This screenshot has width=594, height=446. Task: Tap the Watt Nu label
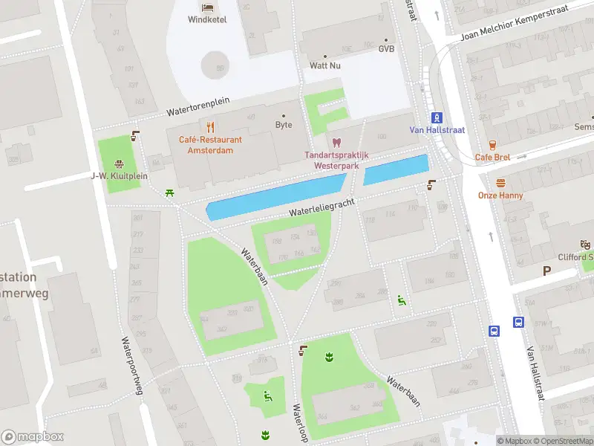(324, 65)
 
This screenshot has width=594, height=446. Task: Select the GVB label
(386, 49)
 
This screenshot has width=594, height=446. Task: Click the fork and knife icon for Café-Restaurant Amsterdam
(210, 126)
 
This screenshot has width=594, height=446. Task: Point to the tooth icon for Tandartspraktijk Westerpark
(336, 142)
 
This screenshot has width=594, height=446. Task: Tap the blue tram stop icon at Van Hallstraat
(437, 117)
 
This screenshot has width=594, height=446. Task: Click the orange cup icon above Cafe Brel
(492, 145)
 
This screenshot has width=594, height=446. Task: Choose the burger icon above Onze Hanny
(500, 183)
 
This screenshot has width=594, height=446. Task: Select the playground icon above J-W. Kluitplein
(118, 164)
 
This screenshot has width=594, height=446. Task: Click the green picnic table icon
(171, 193)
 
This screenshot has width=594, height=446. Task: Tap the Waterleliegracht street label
(322, 207)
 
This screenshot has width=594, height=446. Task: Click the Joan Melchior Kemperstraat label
(524, 22)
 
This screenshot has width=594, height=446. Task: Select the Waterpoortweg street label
(133, 365)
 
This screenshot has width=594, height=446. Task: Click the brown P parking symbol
(546, 271)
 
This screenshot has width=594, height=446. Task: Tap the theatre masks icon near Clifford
(585, 244)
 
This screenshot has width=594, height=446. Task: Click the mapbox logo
(33, 437)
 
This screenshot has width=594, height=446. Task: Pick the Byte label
(284, 125)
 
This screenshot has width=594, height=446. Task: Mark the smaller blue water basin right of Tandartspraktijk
(396, 169)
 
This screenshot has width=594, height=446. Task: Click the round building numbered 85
(216, 64)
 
